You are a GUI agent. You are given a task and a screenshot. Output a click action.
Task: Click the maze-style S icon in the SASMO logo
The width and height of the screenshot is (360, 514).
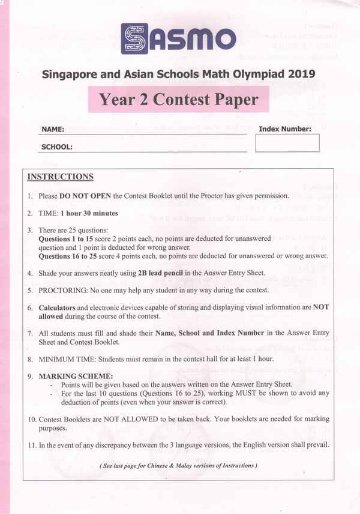(136, 39)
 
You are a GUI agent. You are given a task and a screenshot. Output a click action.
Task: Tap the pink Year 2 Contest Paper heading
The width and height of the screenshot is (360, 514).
(178, 99)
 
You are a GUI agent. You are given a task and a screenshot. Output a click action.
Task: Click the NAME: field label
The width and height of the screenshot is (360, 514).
(53, 129)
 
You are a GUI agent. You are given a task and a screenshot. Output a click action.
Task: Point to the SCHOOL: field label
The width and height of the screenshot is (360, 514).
(57, 147)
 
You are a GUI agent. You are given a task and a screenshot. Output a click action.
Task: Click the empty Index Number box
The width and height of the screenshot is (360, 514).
(287, 143)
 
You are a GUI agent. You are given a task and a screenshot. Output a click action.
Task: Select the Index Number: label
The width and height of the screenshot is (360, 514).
(285, 128)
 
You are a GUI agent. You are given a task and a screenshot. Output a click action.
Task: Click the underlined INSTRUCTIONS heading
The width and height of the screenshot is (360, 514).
(61, 177)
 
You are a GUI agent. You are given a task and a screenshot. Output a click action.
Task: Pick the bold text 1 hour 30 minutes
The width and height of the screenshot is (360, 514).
(89, 213)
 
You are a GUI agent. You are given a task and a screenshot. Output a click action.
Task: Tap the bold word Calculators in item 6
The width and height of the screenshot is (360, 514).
(58, 307)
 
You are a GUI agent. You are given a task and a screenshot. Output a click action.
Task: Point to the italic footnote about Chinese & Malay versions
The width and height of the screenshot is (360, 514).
(178, 465)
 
